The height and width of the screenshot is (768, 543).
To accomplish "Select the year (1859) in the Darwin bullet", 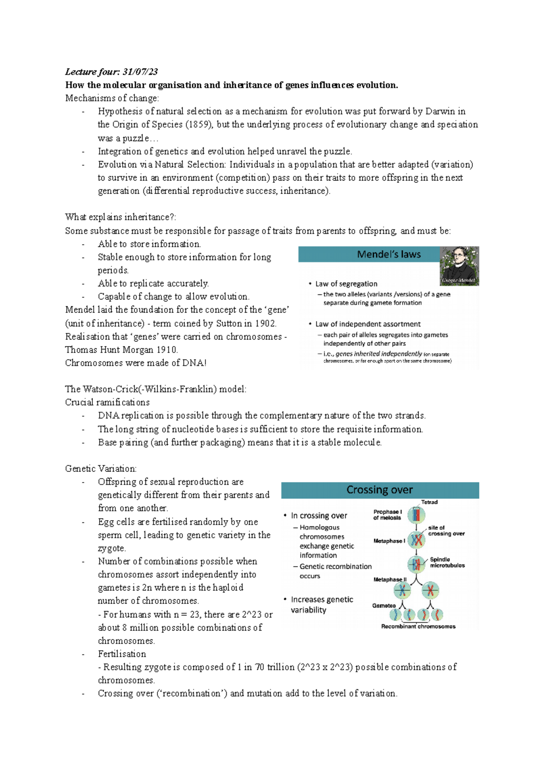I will (x=199, y=124).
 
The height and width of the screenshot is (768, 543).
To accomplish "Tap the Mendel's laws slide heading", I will (x=389, y=255).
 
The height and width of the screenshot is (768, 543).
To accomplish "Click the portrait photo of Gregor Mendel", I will (x=459, y=265).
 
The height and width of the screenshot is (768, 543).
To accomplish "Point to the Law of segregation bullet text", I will (x=346, y=284).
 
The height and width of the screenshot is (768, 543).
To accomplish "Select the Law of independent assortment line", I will (x=367, y=324).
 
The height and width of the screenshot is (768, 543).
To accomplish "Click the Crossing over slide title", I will (x=379, y=490).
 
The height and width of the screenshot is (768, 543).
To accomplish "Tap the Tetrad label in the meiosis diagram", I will (x=429, y=502).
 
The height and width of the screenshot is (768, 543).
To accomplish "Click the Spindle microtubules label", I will (x=447, y=562).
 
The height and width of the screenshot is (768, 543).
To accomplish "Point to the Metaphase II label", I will (x=390, y=579).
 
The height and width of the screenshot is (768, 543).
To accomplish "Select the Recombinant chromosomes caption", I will (x=418, y=626).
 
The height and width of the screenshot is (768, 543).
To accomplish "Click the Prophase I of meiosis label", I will (x=387, y=515).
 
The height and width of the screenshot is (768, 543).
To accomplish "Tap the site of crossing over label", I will (x=446, y=531).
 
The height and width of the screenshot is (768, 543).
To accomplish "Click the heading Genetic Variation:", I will (x=101, y=469).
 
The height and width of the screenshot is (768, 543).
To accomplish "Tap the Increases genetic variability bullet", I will (x=321, y=605).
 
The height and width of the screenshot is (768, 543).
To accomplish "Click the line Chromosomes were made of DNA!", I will (x=136, y=363).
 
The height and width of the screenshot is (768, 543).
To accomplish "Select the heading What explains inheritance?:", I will (x=120, y=217).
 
